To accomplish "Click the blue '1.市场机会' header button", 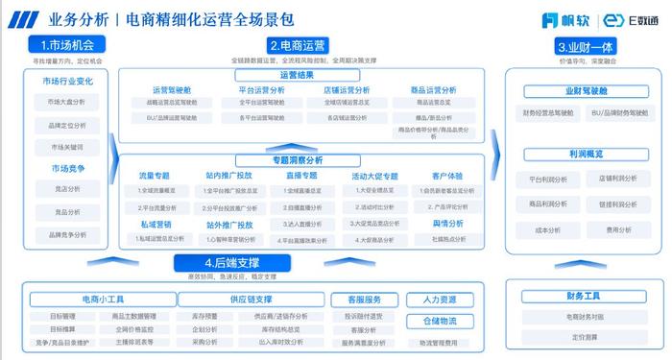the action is click(66, 45).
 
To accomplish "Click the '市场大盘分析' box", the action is click(66, 102).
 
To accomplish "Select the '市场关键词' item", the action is click(66, 147).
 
